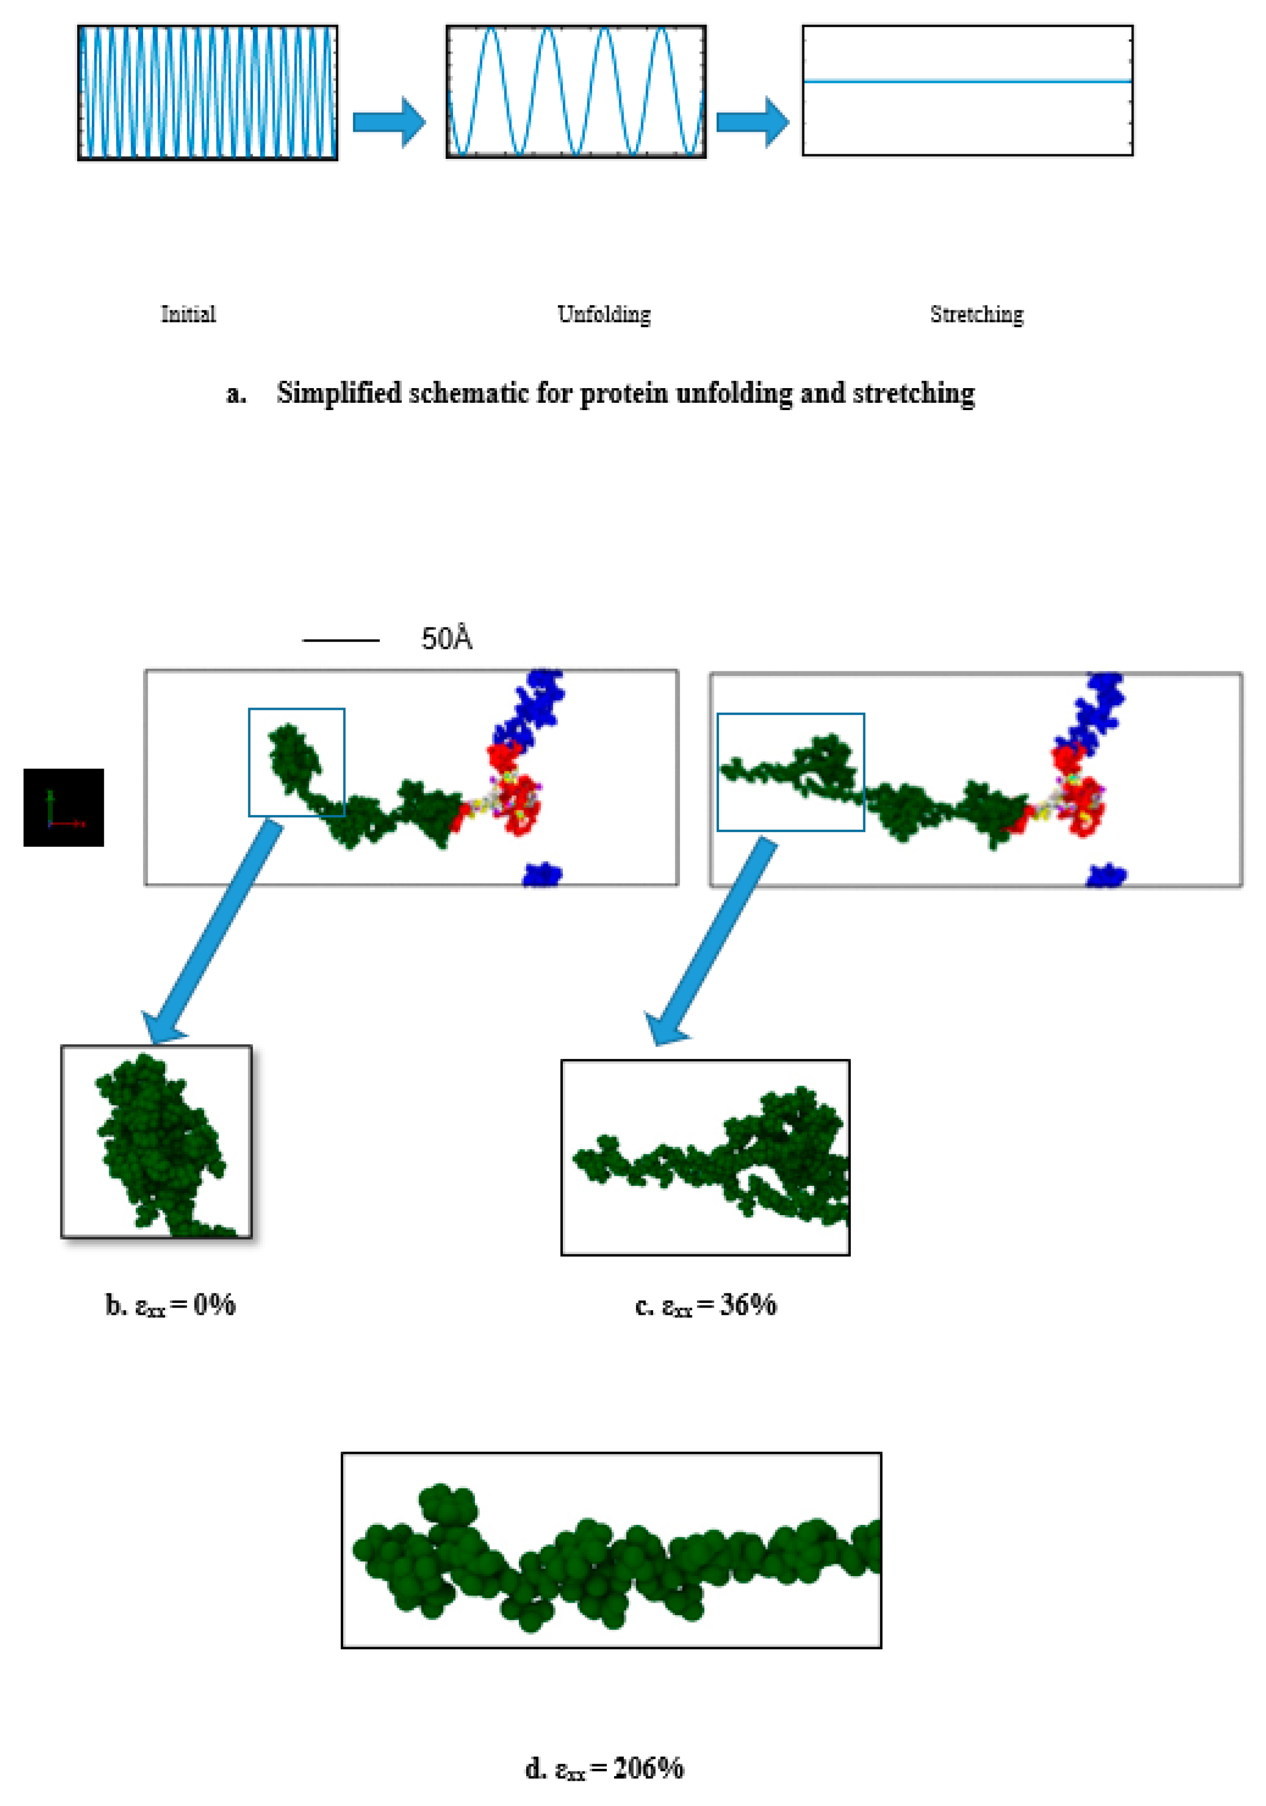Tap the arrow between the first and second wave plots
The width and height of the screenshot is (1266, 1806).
389,122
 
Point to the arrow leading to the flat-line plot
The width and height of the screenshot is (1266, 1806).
753,122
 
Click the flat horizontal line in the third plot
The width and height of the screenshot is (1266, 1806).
967,81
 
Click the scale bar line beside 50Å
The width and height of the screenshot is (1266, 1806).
341,640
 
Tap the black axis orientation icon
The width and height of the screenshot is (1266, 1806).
64,807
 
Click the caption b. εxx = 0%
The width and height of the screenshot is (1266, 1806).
171,1305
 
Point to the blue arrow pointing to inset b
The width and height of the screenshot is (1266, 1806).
212,932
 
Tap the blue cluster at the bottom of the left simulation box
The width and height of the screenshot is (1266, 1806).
542,873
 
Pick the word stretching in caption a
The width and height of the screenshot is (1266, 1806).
913,393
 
